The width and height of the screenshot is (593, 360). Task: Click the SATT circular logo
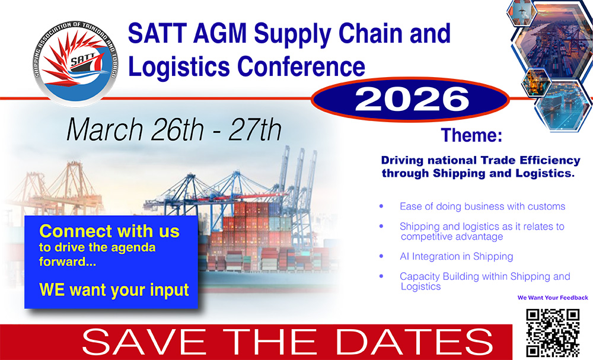(x=76, y=63)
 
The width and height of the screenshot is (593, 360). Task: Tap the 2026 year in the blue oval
(x=412, y=100)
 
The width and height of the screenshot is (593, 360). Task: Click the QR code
(x=553, y=333)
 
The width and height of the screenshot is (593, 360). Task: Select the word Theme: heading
(x=471, y=135)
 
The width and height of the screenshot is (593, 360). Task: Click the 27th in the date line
(x=255, y=130)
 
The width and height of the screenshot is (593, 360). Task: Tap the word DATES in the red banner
(x=414, y=342)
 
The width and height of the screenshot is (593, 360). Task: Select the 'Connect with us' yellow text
(x=109, y=231)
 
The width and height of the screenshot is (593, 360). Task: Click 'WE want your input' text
(x=114, y=290)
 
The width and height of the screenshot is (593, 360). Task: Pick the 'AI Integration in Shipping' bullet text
(x=457, y=256)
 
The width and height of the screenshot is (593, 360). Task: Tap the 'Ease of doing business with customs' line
(x=482, y=206)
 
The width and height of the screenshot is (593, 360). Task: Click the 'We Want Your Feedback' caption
(x=553, y=298)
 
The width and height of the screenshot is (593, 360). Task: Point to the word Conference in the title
(x=301, y=67)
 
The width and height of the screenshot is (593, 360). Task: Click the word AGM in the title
(x=219, y=33)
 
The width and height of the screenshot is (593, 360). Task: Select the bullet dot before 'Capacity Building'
(x=381, y=276)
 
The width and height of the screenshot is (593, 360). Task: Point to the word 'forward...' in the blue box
(x=68, y=262)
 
